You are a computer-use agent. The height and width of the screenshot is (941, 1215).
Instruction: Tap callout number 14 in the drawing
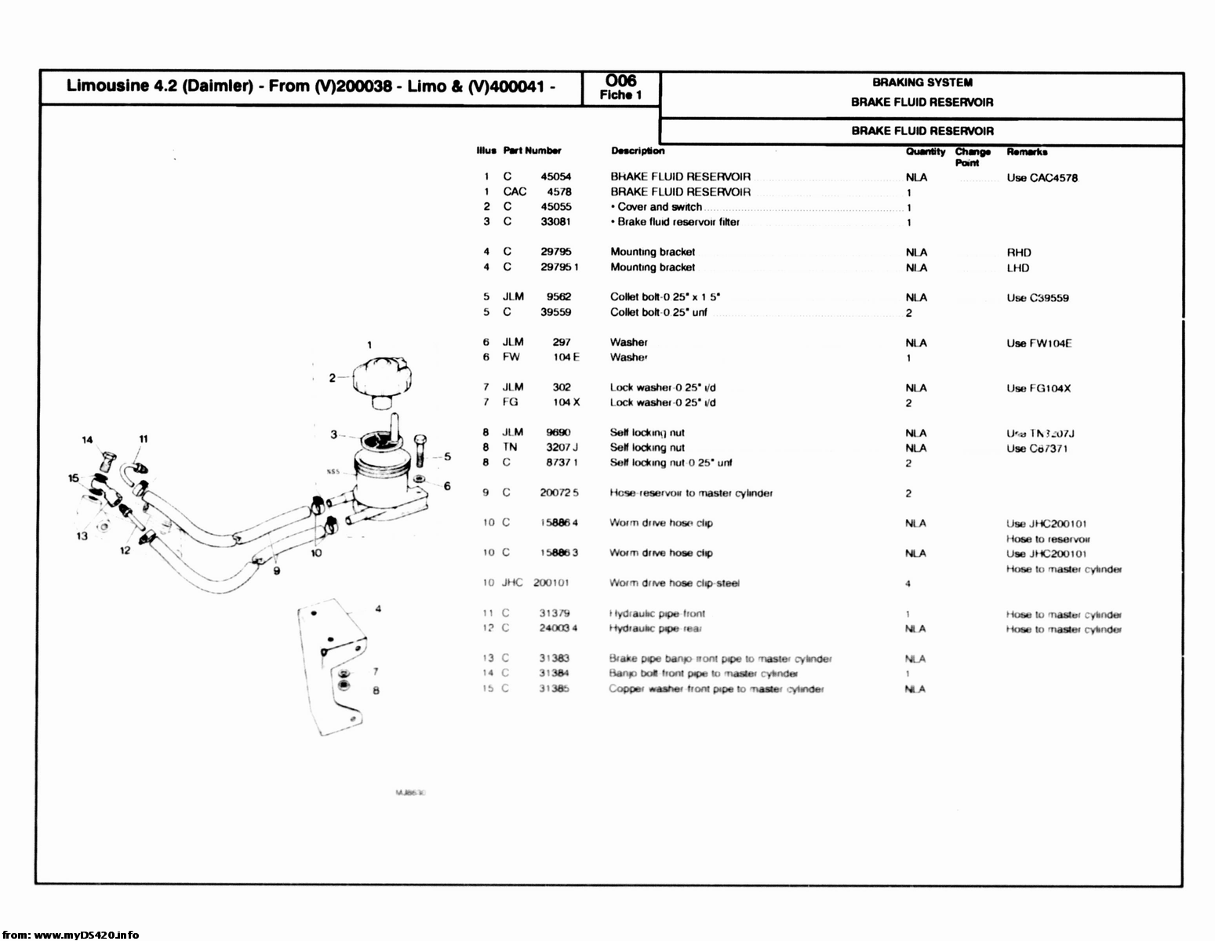point(87,439)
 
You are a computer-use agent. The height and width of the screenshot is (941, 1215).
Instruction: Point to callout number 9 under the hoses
point(276,571)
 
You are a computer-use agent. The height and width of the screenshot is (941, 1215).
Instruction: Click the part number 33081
point(555,222)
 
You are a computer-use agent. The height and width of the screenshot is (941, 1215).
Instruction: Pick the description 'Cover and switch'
point(659,207)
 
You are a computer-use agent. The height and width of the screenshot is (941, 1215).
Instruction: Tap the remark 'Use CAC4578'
point(1042,178)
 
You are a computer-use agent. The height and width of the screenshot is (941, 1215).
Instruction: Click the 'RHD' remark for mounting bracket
point(1019,253)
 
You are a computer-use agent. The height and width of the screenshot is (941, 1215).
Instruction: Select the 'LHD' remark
point(1018,268)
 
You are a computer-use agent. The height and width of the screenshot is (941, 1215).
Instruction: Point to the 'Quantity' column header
point(926,151)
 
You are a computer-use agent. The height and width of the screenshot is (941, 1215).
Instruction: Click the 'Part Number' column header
point(532,151)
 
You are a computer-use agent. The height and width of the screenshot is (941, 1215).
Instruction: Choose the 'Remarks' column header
point(1027,151)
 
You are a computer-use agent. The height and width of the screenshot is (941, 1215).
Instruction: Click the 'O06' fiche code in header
point(621,81)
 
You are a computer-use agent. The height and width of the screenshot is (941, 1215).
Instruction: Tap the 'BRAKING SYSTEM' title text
point(922,82)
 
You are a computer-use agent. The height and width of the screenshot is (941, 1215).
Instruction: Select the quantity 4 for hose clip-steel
point(908,583)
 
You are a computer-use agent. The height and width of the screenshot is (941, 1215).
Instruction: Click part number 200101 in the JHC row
point(551,583)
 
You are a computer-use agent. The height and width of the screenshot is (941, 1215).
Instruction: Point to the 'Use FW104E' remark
point(1039,343)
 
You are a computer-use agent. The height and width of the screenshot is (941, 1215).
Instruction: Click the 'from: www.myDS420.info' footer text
point(71,934)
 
